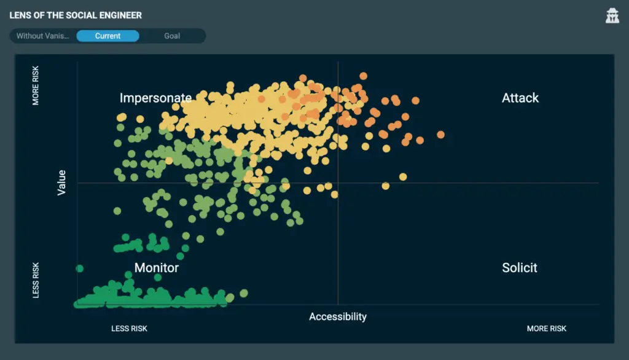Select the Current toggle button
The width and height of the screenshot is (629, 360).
click(x=107, y=36)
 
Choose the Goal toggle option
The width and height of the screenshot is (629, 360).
click(x=172, y=36)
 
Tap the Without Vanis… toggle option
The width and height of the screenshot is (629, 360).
click(x=42, y=36)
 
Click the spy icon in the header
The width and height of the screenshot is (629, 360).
click(x=612, y=16)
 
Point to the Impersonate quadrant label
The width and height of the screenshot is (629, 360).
click(x=155, y=98)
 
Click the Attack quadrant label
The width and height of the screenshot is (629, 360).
click(x=520, y=98)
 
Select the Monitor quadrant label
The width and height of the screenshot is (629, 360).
click(x=157, y=268)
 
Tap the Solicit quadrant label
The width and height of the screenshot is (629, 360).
click(x=520, y=268)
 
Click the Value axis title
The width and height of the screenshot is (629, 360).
click(x=61, y=182)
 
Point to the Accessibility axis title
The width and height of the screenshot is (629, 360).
click(x=338, y=316)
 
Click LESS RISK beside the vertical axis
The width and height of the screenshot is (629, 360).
click(x=36, y=280)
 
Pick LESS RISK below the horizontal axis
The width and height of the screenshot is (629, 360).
click(x=129, y=329)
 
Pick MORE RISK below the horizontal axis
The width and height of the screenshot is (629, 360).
click(x=547, y=329)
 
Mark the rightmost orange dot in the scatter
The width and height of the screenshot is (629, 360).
click(x=440, y=135)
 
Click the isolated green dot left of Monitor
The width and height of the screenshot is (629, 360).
click(x=79, y=268)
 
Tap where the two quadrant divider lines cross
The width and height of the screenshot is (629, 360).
click(x=338, y=182)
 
